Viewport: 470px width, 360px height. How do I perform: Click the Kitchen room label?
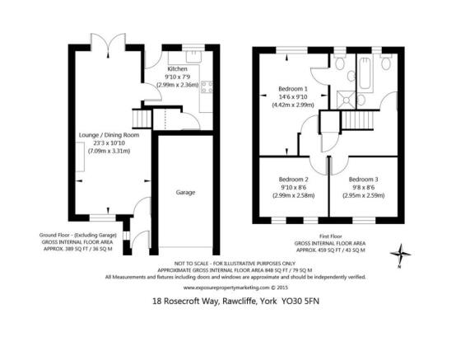177,69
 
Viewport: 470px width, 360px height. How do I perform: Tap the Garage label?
185,192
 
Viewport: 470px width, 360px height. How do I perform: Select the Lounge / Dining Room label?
109,135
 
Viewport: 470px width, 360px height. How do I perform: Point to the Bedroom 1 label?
293,89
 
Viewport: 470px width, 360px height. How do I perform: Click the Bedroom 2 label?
294,180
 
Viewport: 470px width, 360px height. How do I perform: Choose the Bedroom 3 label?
363,180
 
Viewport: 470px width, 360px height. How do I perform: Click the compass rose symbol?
400,255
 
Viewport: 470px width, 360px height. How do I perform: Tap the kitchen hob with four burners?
207,87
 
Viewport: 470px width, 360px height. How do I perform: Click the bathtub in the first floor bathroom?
365,73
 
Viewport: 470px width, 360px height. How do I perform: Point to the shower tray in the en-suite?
347,100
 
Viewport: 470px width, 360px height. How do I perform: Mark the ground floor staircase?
142,119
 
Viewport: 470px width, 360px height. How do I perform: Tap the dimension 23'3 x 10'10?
109,143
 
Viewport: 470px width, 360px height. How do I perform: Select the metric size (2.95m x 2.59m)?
363,195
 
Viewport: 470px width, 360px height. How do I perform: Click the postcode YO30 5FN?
300,301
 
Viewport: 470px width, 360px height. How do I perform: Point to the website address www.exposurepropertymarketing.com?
226,288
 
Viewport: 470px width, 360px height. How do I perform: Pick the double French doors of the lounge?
108,44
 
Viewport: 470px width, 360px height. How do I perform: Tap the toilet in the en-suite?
339,62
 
